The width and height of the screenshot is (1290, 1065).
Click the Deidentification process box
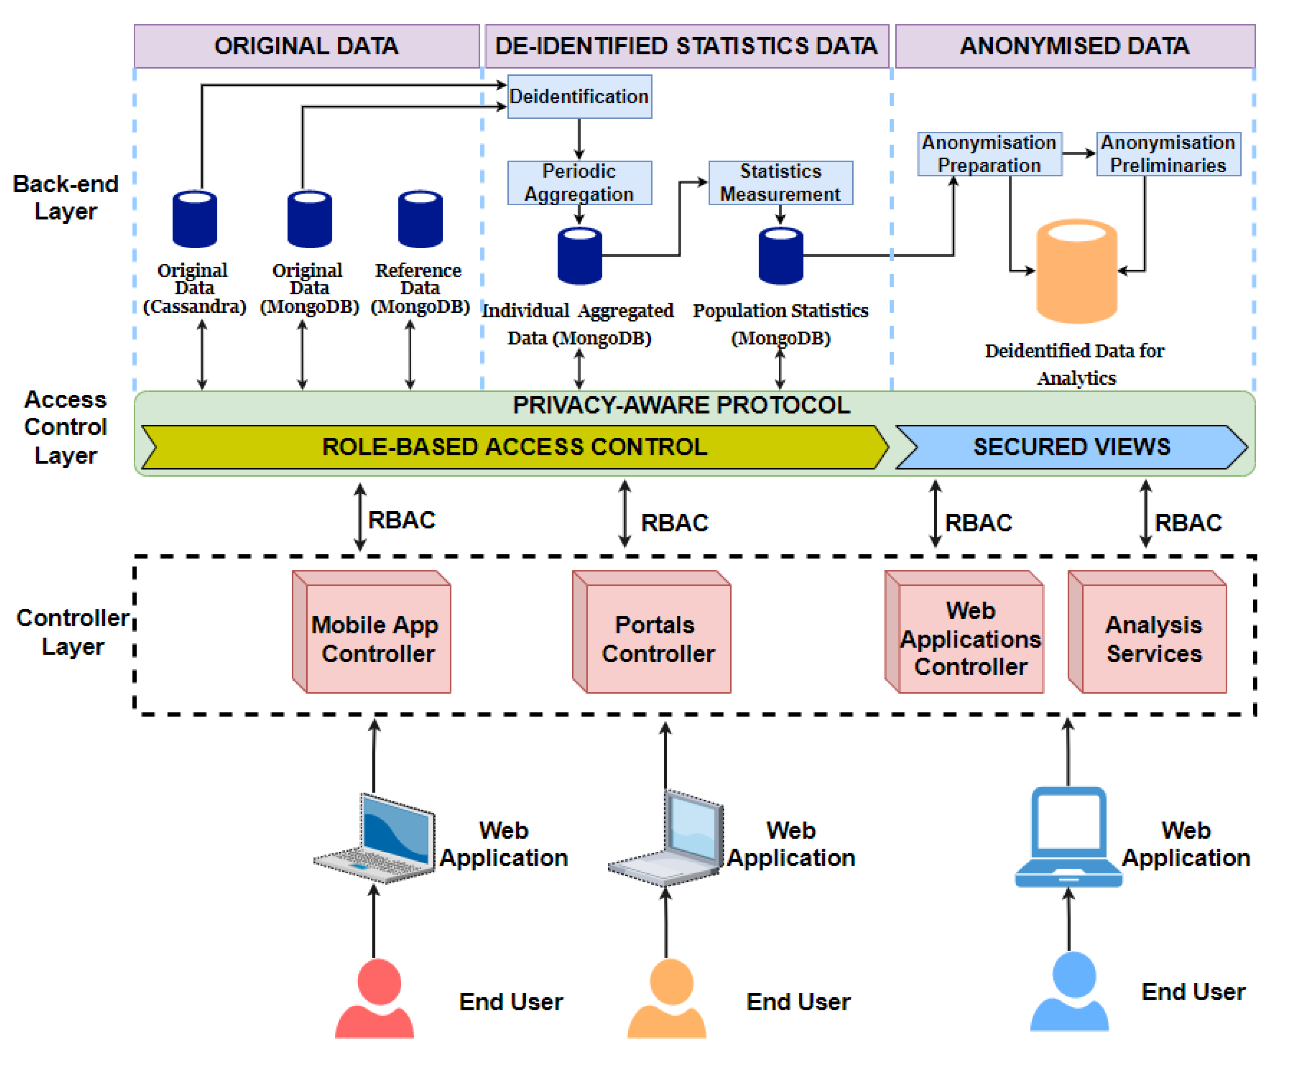(579, 96)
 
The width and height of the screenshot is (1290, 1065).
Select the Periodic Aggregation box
(579, 182)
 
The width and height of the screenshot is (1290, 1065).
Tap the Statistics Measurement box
(780, 182)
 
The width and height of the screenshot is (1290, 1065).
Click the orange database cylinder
(1076, 271)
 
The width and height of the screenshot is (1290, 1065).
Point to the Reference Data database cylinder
(420, 219)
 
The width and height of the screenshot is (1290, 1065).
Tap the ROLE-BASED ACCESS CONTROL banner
(515, 447)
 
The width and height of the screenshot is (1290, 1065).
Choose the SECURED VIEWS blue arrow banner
(1071, 447)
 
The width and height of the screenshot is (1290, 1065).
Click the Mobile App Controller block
(372, 632)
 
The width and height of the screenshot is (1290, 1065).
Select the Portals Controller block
(651, 632)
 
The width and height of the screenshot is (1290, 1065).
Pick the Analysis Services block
(1147, 632)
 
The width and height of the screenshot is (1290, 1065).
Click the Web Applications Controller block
(964, 632)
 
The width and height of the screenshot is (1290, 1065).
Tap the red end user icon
(374, 998)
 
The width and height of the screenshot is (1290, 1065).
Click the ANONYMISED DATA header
(1075, 46)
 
